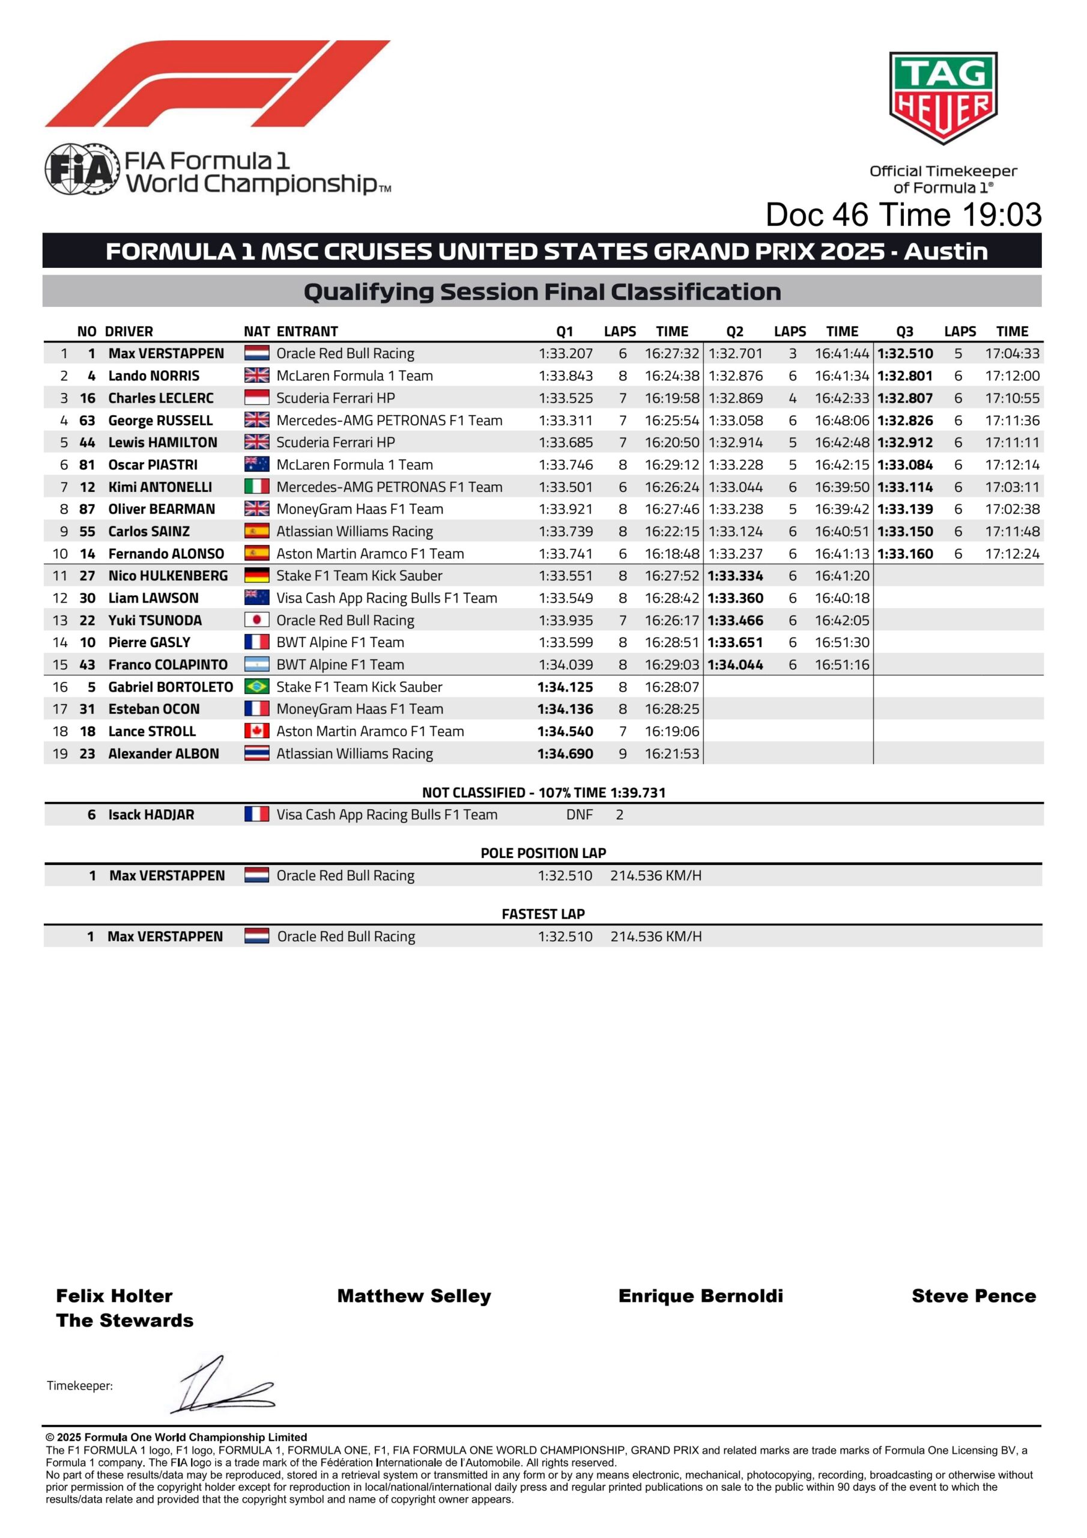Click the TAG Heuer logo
tap(942, 98)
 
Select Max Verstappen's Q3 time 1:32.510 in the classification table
tap(905, 354)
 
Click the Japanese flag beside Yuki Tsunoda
tap(256, 620)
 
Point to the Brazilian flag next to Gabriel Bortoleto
tap(256, 687)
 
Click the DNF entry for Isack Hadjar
tap(580, 815)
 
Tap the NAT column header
tap(256, 332)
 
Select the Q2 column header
tap(734, 332)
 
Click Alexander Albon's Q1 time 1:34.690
tap(565, 753)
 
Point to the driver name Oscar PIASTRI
tap(153, 465)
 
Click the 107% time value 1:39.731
tap(638, 793)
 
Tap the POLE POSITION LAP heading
tap(543, 853)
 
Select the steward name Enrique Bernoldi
tap(701, 1295)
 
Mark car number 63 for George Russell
tap(87, 421)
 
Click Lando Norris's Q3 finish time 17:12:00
tap(1012, 376)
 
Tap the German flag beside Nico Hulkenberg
tap(256, 576)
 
